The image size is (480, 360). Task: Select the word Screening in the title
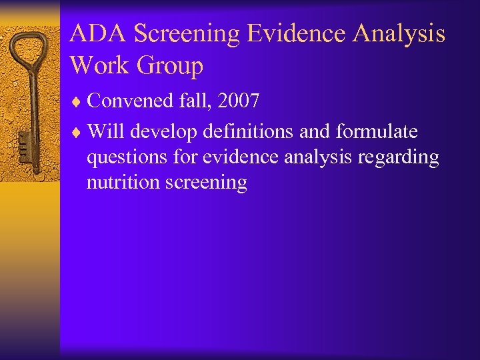[181, 33]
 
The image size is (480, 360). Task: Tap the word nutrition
[118, 183]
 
